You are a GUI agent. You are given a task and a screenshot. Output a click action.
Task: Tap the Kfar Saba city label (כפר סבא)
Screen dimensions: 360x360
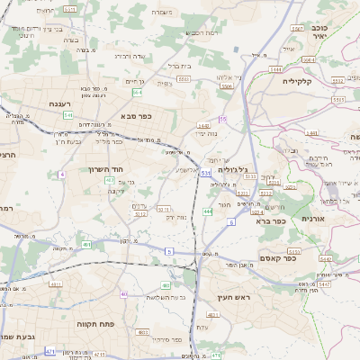(139, 116)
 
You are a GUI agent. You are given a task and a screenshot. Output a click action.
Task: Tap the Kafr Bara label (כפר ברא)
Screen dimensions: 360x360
(270, 220)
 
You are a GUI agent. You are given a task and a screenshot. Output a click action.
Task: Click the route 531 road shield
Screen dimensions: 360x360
(206, 172)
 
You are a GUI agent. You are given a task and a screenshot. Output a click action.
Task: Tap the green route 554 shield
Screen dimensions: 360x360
(137, 92)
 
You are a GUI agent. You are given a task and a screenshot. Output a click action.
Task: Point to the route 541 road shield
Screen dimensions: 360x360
(67, 114)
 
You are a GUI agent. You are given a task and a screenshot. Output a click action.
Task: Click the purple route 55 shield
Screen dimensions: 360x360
(222, 119)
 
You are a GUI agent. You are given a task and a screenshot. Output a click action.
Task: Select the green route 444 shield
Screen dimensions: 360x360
(208, 211)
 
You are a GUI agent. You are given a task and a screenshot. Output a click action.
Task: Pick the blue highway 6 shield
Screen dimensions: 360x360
(230, 221)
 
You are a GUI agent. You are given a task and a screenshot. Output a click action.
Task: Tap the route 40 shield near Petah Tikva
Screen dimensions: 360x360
(124, 294)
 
